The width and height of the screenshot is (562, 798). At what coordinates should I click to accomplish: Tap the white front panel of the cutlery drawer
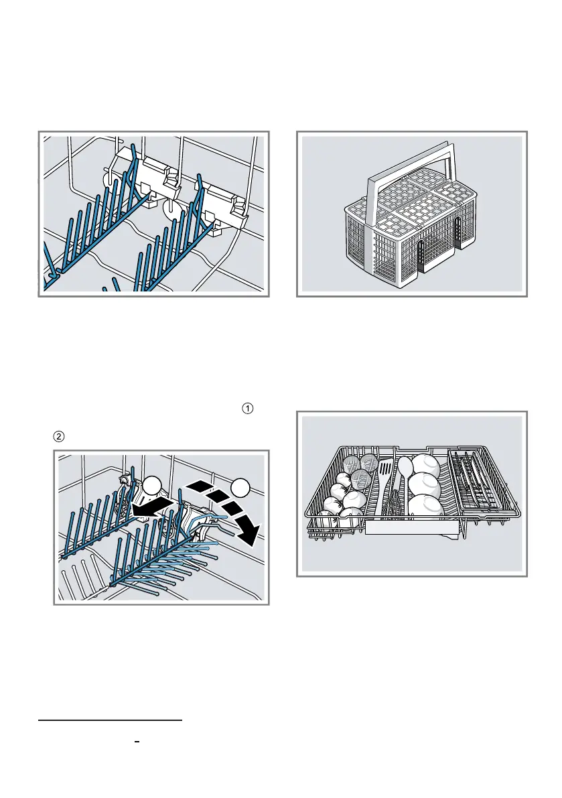pyautogui.click(x=411, y=529)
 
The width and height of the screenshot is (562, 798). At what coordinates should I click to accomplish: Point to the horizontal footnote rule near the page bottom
pyautogui.click(x=110, y=721)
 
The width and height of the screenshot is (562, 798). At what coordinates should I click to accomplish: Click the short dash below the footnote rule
pyautogui.click(x=135, y=743)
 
